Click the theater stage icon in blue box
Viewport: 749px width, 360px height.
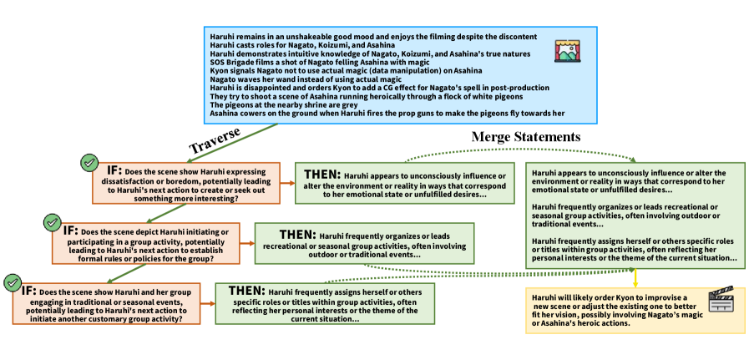[x=568, y=51]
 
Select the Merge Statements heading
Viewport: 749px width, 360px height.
[x=526, y=136]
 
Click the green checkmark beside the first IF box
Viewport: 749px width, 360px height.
[x=88, y=162]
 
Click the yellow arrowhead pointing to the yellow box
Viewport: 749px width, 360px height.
[x=635, y=284]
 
